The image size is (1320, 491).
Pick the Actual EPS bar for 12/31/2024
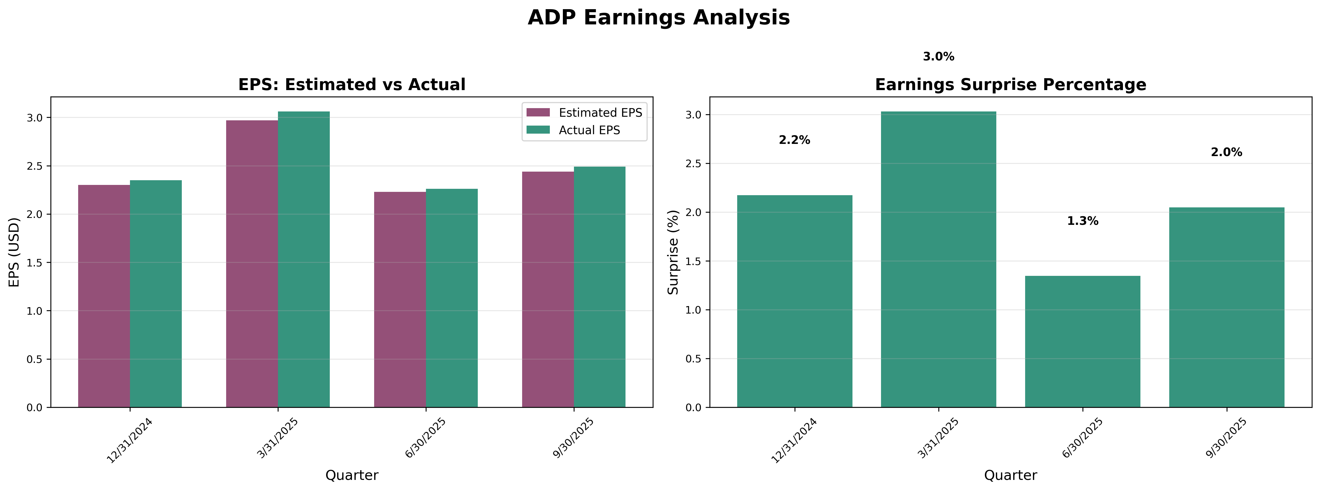pyautogui.click(x=156, y=294)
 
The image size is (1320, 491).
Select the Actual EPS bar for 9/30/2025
pyautogui.click(x=599, y=287)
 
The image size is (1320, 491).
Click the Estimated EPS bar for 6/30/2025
pyautogui.click(x=400, y=300)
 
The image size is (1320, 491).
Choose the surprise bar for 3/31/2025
pyautogui.click(x=938, y=259)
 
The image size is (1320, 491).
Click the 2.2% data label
pyautogui.click(x=794, y=140)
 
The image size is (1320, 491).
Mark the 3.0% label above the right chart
pyautogui.click(x=938, y=57)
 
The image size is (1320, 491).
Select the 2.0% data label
pyautogui.click(x=1226, y=152)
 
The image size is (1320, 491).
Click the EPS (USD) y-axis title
pyautogui.click(x=14, y=252)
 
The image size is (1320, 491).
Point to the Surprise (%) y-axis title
pyautogui.click(x=673, y=252)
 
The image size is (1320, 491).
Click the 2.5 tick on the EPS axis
pyautogui.click(x=35, y=166)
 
